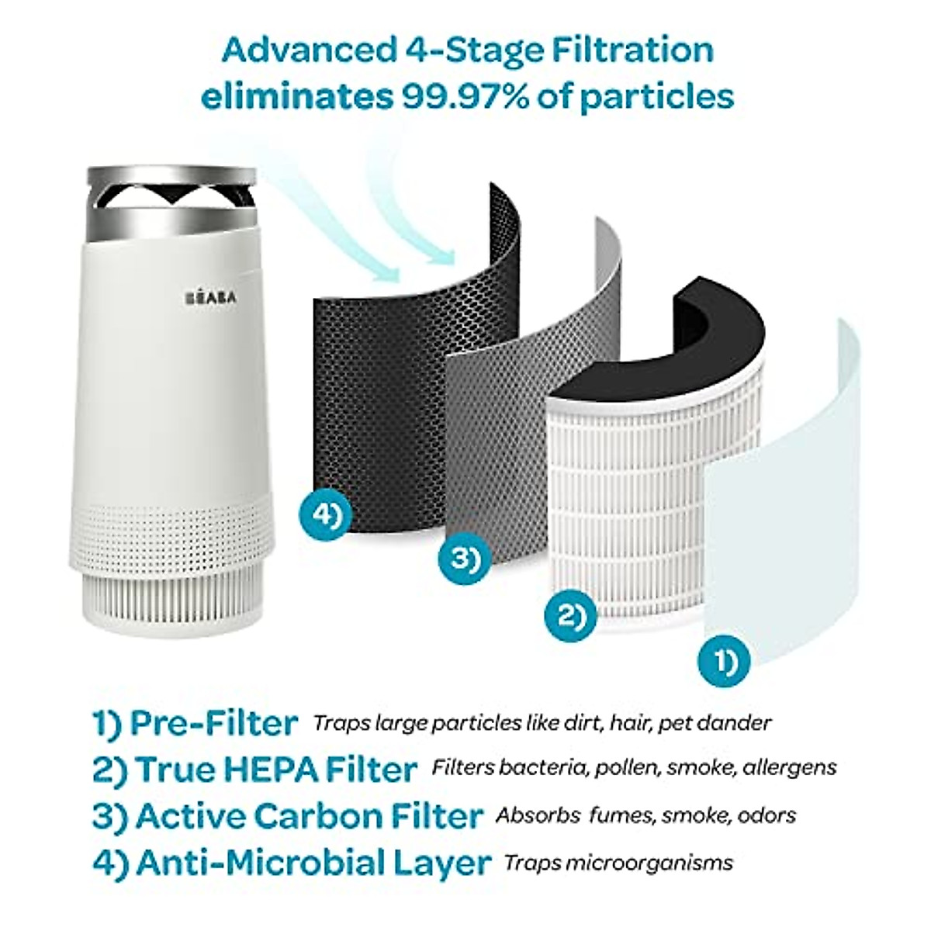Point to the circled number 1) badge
(x=724, y=661)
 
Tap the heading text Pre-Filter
(x=213, y=723)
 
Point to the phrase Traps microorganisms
(x=618, y=863)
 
